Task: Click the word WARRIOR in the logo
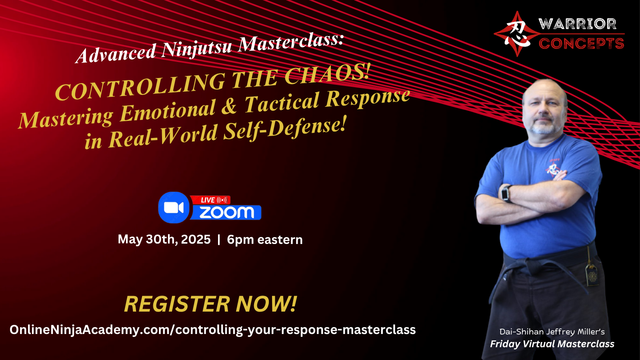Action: (577, 24)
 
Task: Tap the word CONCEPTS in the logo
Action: (581, 44)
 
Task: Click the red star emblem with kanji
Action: (517, 34)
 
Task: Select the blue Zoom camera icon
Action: (174, 208)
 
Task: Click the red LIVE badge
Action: (211, 200)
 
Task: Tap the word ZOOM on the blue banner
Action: (226, 212)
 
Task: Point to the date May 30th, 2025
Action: (164, 240)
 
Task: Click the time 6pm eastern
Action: (264, 240)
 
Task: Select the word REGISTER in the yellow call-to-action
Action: (177, 304)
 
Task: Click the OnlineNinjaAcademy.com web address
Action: (212, 330)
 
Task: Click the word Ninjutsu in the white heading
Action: (196, 48)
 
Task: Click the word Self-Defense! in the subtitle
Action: (285, 128)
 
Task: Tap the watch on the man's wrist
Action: (506, 194)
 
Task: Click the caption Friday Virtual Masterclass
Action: (552, 344)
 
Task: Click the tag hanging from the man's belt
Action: (591, 275)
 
